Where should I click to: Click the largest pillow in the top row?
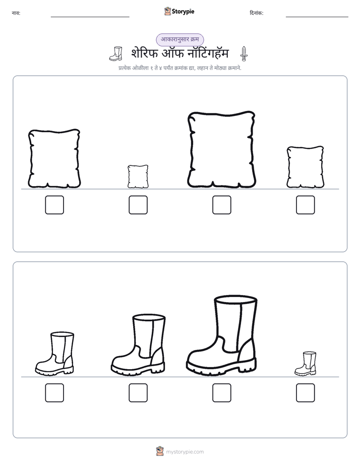pyautogui.click(x=221, y=150)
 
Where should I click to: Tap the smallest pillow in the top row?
pyautogui.click(x=138, y=177)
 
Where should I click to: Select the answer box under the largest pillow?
pyautogui.click(x=221, y=205)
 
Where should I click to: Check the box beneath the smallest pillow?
pyautogui.click(x=138, y=205)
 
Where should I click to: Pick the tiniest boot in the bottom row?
pyautogui.click(x=306, y=364)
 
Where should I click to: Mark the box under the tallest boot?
pyautogui.click(x=221, y=392)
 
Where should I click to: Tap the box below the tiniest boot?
pyautogui.click(x=306, y=392)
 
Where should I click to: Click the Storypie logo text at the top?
pyautogui.click(x=183, y=12)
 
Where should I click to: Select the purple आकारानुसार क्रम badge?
pyautogui.click(x=179, y=39)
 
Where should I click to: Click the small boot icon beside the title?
pyautogui.click(x=116, y=54)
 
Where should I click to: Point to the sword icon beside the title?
pyautogui.click(x=244, y=54)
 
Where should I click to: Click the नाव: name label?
pyautogui.click(x=16, y=13)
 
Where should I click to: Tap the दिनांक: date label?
pyautogui.click(x=257, y=13)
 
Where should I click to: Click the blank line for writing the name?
pyautogui.click(x=90, y=17)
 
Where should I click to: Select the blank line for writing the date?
pyautogui.click(x=317, y=17)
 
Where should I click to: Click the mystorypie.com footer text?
pyautogui.click(x=185, y=452)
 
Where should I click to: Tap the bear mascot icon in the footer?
pyautogui.click(x=160, y=451)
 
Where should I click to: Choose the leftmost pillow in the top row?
pyautogui.click(x=54, y=159)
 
